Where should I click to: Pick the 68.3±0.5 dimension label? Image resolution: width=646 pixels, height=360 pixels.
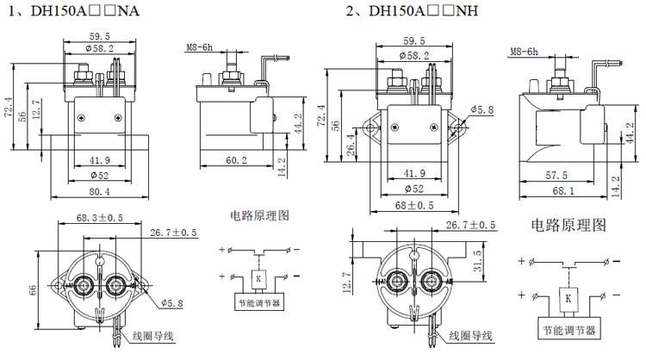coord(94,219)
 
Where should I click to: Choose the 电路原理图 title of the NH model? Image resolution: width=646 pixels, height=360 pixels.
coord(568,226)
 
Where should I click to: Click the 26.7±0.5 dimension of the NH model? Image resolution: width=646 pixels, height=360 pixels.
coord(470,226)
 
